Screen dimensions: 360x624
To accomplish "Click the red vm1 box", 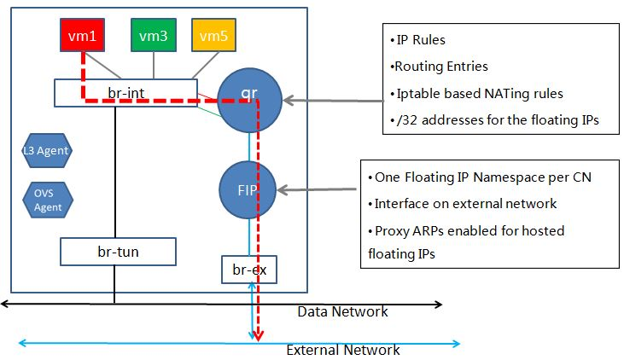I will pos(81,36).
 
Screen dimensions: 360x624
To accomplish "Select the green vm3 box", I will pos(153,36).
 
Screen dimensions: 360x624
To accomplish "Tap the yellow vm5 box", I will pos(213,36).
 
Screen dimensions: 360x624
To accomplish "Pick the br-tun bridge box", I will pos(118,252).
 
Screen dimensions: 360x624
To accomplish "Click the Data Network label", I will pos(342,311).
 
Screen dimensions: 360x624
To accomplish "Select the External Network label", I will pos(342,350).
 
